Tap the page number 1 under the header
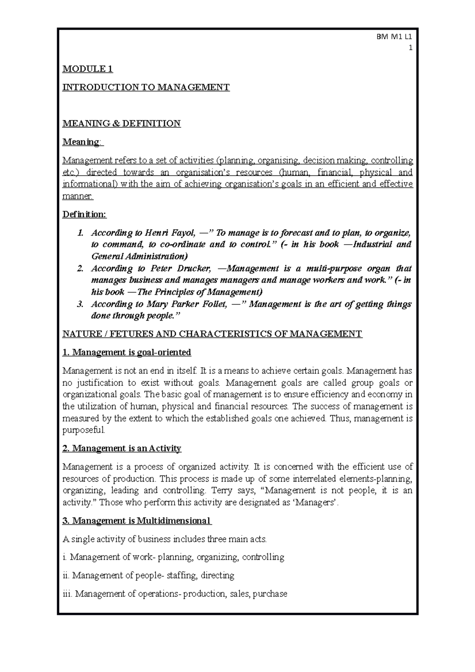(410, 48)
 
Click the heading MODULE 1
(88, 69)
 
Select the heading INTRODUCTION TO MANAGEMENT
(146, 87)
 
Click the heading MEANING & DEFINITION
(122, 123)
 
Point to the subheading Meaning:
(82, 142)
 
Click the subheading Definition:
(85, 215)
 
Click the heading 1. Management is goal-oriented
(127, 352)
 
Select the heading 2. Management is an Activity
(122, 448)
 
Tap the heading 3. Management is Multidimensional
(137, 520)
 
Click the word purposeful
(84, 430)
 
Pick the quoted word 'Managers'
(318, 503)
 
